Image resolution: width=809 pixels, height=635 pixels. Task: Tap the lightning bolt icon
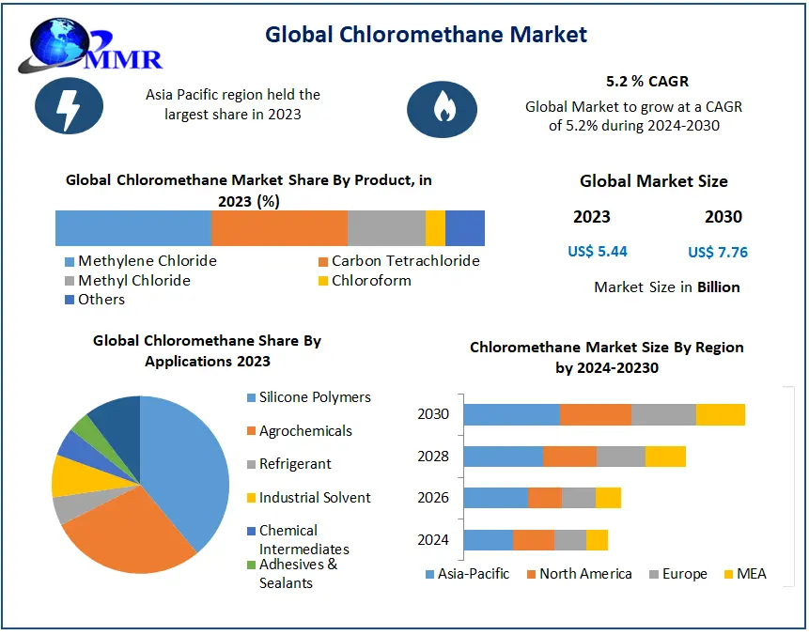click(69, 106)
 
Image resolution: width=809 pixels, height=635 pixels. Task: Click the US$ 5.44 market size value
click(598, 251)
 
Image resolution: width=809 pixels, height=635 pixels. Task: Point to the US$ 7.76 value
click(718, 252)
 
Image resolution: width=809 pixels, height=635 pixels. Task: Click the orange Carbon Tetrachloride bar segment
click(279, 228)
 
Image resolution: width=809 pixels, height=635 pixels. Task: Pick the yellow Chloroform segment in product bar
click(435, 228)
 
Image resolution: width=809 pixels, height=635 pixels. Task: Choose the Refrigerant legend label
click(295, 464)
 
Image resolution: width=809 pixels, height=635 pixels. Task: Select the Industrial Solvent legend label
click(315, 498)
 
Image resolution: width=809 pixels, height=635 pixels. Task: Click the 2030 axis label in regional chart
click(433, 414)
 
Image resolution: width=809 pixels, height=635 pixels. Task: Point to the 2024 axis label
click(433, 540)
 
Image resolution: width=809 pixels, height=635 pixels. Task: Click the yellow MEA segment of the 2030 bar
click(721, 414)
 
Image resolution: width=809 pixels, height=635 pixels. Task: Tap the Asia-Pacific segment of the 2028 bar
click(503, 457)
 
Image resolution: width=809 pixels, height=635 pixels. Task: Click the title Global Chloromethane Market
click(426, 35)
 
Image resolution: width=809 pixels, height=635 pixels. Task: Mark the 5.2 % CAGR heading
click(647, 82)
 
